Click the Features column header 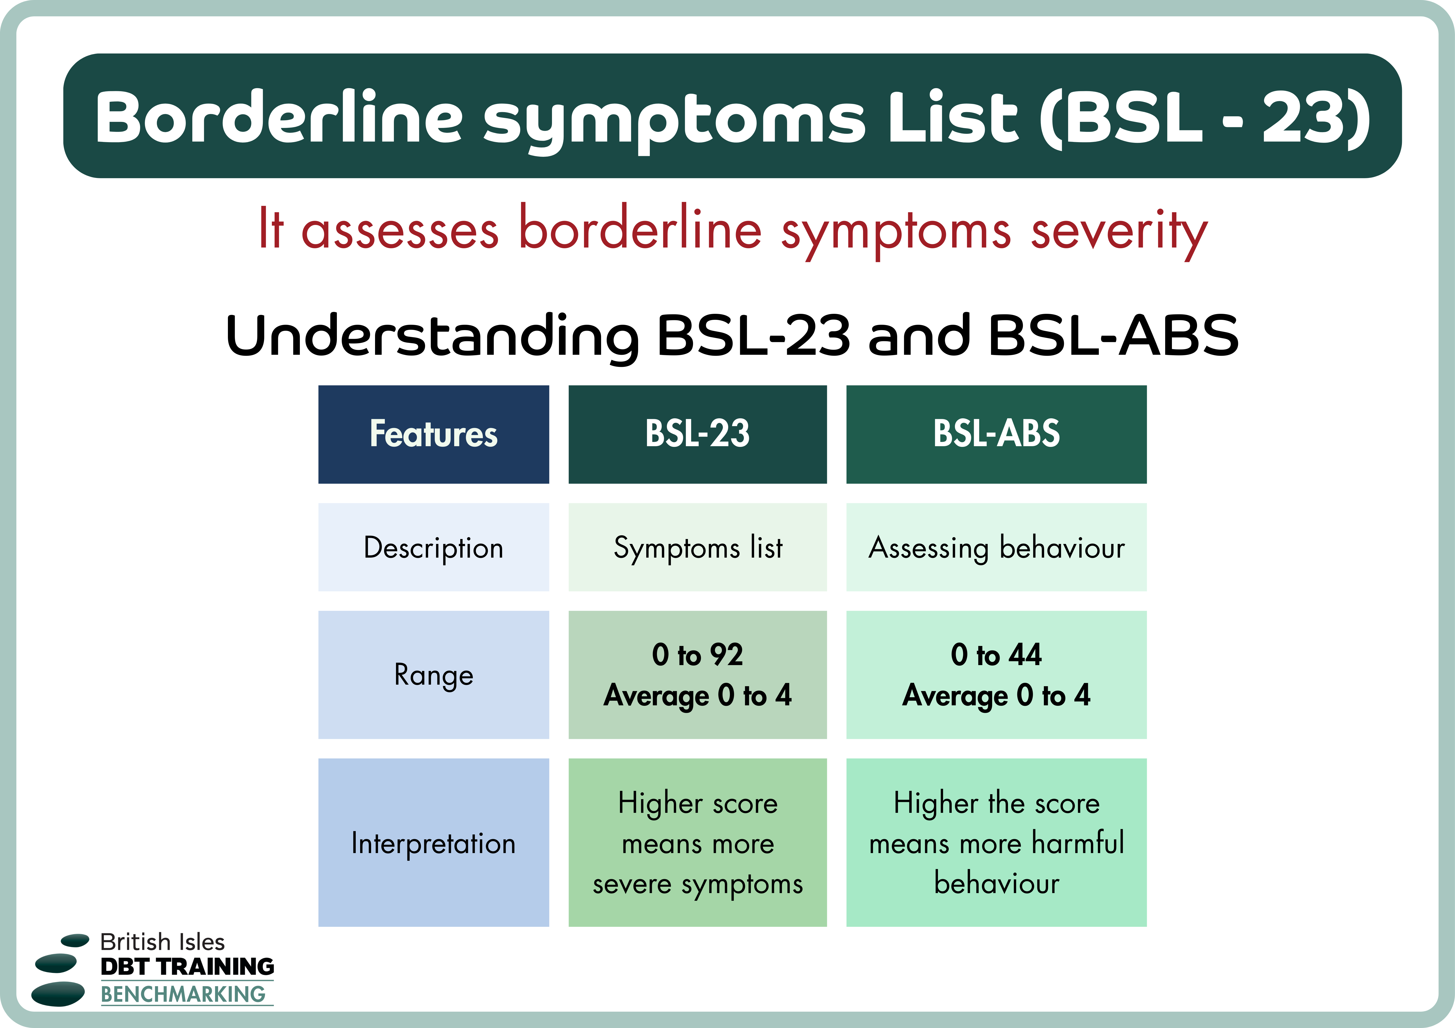(433, 435)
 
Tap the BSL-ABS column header (996, 435)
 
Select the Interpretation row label (433, 843)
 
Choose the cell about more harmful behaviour (996, 843)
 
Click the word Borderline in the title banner (279, 117)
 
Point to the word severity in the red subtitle (1119, 231)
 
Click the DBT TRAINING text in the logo (187, 967)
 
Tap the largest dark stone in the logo (58, 994)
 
